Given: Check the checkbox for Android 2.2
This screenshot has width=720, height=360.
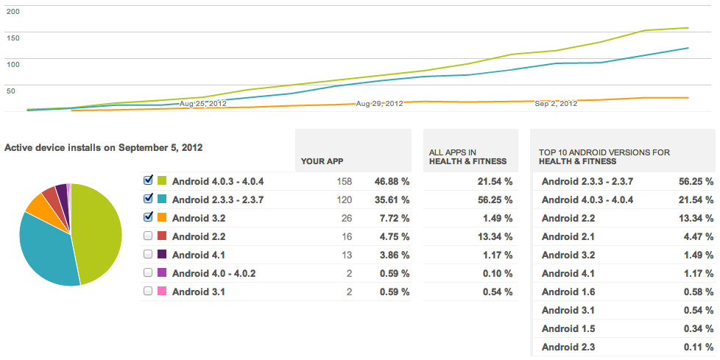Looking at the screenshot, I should [x=148, y=236].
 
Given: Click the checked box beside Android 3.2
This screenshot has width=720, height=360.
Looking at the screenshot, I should [x=148, y=217].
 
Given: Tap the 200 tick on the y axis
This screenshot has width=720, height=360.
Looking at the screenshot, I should [x=13, y=12].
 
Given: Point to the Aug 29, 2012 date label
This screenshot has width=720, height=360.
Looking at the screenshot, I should [x=379, y=104].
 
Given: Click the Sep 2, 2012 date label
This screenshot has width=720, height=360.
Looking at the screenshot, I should [x=556, y=104].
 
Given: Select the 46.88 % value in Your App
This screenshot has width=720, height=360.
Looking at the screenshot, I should [x=391, y=181].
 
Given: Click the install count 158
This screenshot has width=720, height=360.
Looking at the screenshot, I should [x=344, y=181].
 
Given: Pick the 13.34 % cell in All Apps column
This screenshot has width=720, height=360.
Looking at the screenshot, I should [x=494, y=236].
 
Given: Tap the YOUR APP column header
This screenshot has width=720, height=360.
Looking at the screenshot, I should [x=322, y=160].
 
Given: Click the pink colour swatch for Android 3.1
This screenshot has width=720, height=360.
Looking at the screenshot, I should [x=161, y=292].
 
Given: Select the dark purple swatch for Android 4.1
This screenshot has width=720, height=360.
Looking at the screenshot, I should [x=161, y=254].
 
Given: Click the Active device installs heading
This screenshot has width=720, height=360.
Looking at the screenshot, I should [x=104, y=147].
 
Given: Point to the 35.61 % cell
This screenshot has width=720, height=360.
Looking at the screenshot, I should [x=391, y=200].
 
